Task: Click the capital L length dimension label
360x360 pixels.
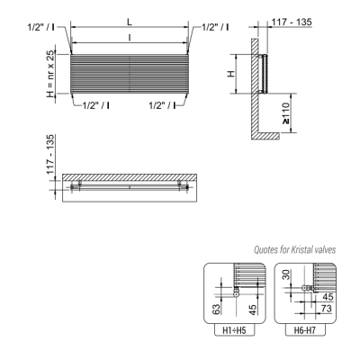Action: (x=130, y=22)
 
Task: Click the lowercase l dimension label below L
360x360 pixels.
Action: (x=130, y=38)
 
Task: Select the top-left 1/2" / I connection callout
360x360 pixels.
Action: (x=41, y=27)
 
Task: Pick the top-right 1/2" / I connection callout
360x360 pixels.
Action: (x=215, y=27)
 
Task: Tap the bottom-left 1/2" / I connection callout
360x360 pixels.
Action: (x=95, y=105)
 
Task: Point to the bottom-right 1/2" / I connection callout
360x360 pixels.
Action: (x=162, y=105)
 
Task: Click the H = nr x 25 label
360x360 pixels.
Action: (x=51, y=74)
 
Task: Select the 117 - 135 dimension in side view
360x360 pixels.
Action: (x=292, y=22)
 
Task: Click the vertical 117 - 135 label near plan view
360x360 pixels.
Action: (x=50, y=154)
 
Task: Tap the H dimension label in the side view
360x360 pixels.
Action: (x=231, y=74)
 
